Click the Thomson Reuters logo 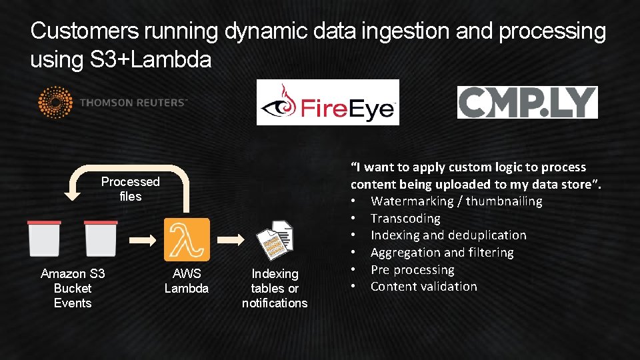(113, 103)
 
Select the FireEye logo (327, 102)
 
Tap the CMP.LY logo (527, 102)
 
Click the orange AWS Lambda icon (187, 239)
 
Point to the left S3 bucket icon (44, 239)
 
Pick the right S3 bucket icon (101, 239)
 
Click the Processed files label (131, 189)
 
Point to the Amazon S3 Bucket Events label (73, 288)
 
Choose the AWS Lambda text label (187, 281)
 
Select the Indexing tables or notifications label (275, 288)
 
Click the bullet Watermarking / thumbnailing (456, 201)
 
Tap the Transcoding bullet (405, 218)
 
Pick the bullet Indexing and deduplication (448, 235)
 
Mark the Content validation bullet (423, 286)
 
